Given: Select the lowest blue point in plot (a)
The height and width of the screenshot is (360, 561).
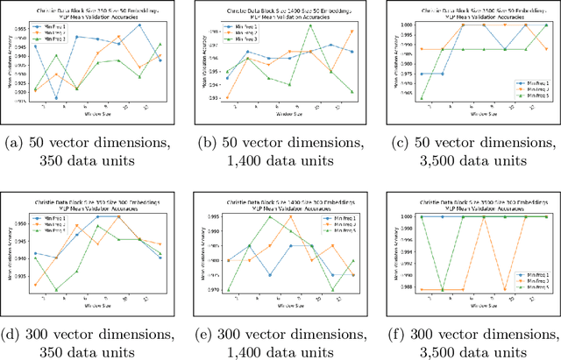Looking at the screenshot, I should tap(56, 98).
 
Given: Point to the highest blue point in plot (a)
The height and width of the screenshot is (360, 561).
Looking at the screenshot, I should tap(139, 25).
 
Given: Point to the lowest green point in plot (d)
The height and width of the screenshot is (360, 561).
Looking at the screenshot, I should tap(56, 290).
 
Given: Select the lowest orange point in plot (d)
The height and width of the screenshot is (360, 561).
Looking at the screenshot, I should tap(35, 285).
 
